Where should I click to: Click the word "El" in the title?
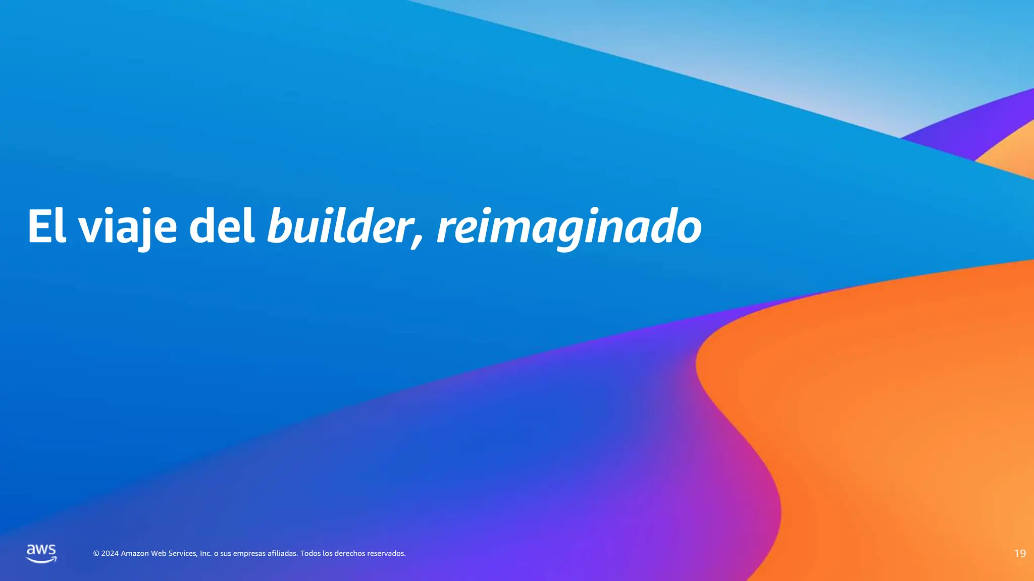pyautogui.click(x=46, y=226)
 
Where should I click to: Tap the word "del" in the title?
pyautogui.click(x=222, y=226)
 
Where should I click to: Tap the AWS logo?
pyautogui.click(x=41, y=553)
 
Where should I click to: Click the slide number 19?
pyautogui.click(x=1019, y=554)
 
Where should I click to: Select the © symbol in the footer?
pyautogui.click(x=96, y=554)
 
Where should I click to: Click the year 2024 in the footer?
pyautogui.click(x=110, y=554)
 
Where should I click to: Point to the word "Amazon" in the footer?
pyautogui.click(x=135, y=554)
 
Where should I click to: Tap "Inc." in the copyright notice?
pyautogui.click(x=206, y=554)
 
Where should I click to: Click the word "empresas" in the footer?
pyautogui.click(x=249, y=554)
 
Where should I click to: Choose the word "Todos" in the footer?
pyautogui.click(x=311, y=554)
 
